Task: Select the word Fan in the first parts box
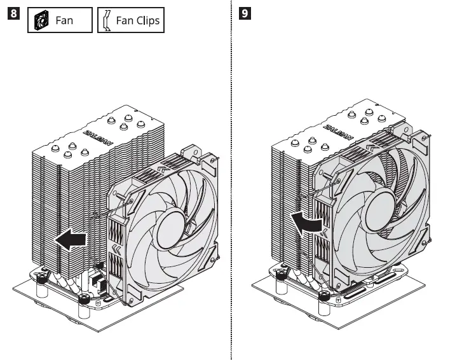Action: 64,20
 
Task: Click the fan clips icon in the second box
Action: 106,20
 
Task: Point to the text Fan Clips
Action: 137,20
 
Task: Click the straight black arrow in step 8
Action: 70,240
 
